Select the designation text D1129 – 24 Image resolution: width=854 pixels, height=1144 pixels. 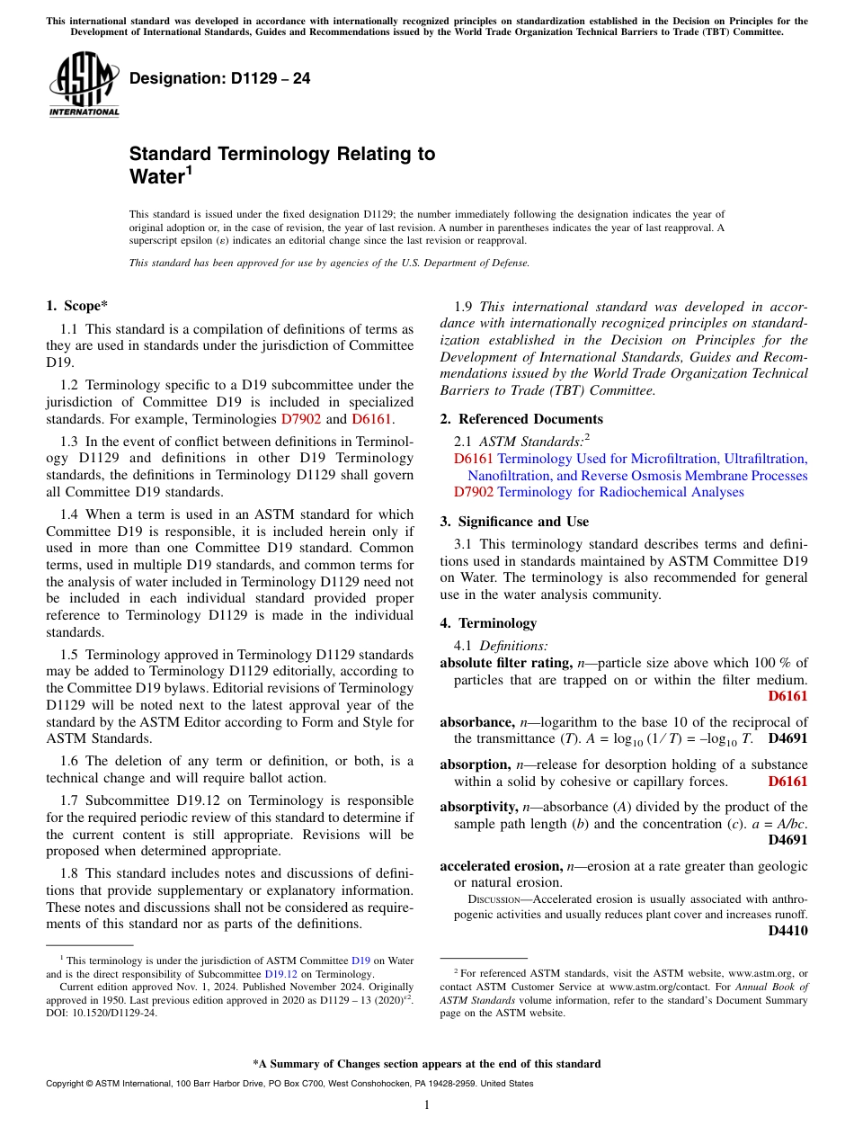click(x=220, y=79)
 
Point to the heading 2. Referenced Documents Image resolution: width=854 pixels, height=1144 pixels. click(x=521, y=419)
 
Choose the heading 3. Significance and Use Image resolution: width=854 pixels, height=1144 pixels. click(x=514, y=522)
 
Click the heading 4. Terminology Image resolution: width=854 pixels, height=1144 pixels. click(x=488, y=623)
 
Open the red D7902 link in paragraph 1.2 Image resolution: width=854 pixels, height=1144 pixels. click(x=300, y=419)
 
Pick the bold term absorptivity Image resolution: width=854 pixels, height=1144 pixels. click(x=478, y=808)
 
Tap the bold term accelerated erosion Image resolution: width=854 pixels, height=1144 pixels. click(x=501, y=866)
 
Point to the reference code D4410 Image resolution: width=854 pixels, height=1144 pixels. click(x=787, y=932)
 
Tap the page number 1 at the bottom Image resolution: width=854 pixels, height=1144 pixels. click(x=427, y=1105)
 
